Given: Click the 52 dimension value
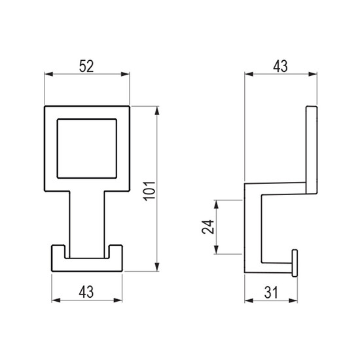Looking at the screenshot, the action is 86,66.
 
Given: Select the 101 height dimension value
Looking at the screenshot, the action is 150,191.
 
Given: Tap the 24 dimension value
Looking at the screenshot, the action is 208,227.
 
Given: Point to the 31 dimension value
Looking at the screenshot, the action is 271,293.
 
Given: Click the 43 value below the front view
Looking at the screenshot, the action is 86,292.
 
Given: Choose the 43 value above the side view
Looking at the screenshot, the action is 280,66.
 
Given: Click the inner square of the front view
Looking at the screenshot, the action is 87,149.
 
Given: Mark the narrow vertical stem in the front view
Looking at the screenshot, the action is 87,225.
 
